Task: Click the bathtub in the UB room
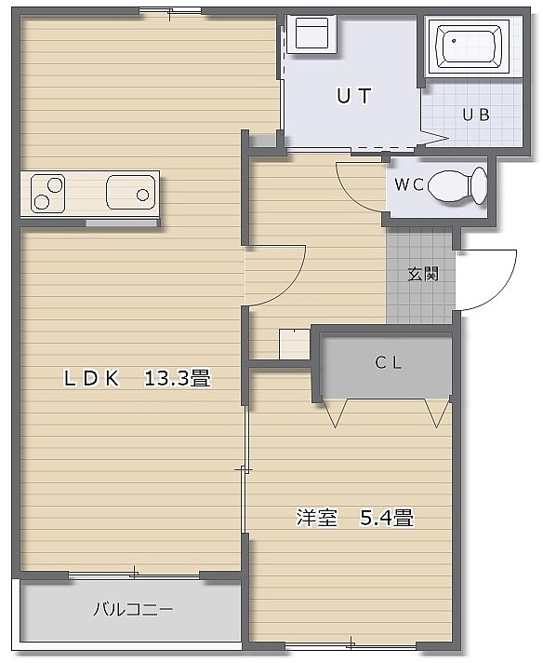point(469,47)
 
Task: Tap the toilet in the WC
point(457,185)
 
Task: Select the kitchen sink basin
point(130,193)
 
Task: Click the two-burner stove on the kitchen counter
point(47,194)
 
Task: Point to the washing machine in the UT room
point(311,34)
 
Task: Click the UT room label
point(354,96)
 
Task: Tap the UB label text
point(476,115)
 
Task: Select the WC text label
point(409,184)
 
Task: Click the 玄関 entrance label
point(423,274)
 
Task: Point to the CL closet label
point(389,362)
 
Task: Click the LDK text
point(91,378)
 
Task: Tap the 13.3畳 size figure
point(177,377)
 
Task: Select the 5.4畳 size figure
point(387,517)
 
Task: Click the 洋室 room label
point(317,517)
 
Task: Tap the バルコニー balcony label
point(133,609)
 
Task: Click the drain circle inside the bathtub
point(454,41)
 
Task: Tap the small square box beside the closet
point(295,345)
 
